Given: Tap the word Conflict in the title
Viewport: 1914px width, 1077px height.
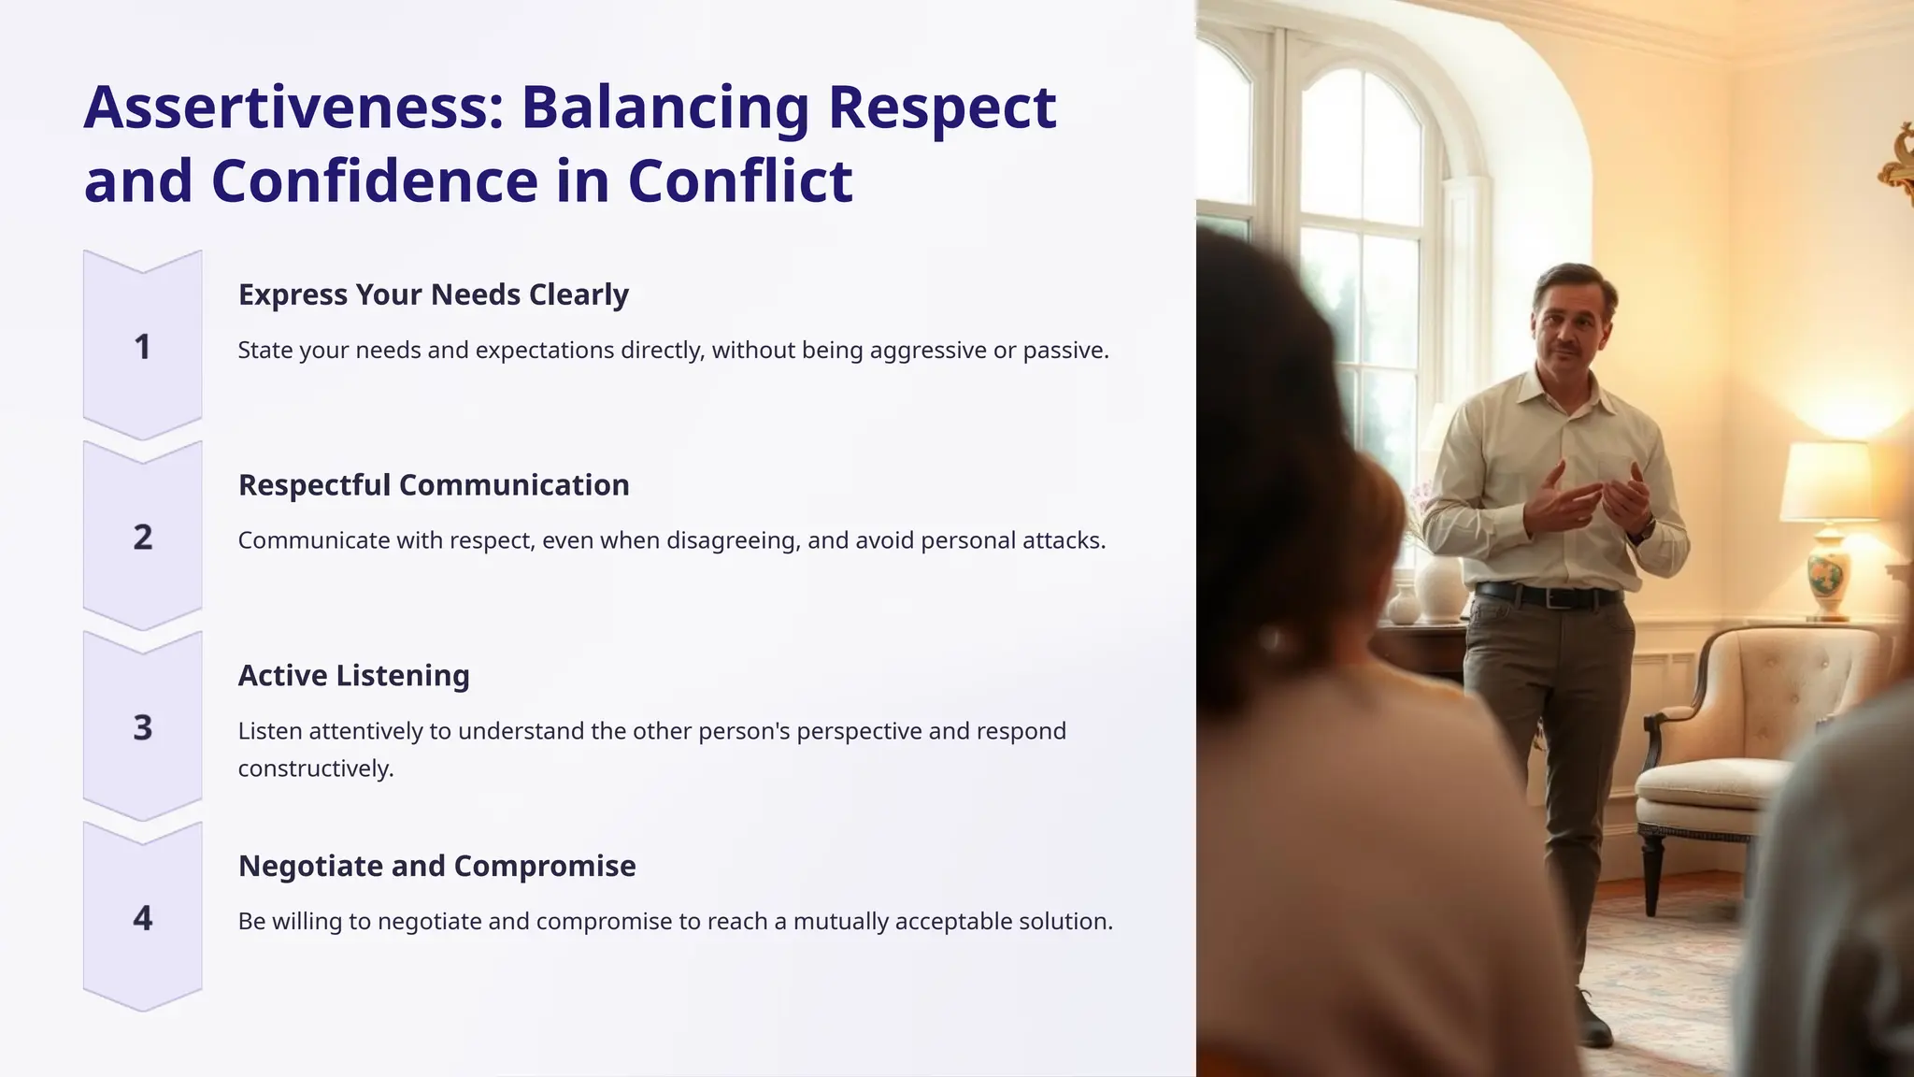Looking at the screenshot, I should click(739, 180).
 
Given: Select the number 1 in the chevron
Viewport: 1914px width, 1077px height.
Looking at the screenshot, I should click(142, 347).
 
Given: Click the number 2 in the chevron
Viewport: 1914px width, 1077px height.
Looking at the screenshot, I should click(142, 538).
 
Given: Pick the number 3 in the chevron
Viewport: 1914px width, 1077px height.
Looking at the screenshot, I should click(142, 727).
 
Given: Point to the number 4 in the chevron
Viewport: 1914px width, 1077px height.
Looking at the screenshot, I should click(142, 918).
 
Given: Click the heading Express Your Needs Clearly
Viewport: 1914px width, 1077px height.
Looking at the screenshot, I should click(433, 294).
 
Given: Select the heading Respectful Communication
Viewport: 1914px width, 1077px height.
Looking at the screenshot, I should click(434, 485).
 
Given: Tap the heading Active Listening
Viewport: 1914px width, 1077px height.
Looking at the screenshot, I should click(353, 675).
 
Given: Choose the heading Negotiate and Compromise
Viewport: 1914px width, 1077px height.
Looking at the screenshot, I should click(436, 866).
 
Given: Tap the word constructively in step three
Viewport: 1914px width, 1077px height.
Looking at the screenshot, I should click(315, 768).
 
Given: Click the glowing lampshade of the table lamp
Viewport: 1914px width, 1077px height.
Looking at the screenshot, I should click(1828, 481).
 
